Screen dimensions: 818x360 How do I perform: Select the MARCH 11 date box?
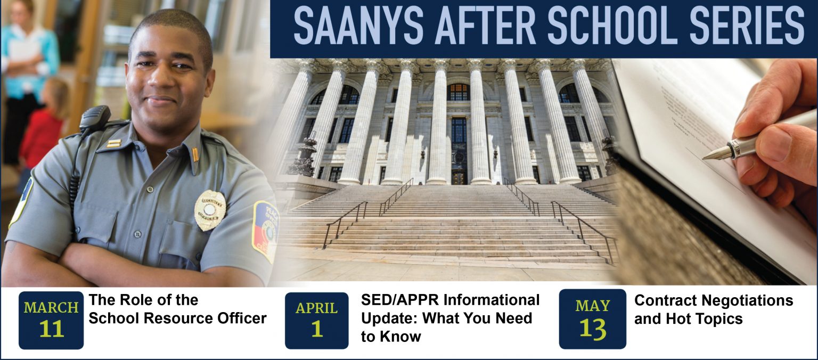51,320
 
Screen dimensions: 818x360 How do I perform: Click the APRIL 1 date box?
317,320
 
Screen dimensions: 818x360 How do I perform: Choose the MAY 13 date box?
592,319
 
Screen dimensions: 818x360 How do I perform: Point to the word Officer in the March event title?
242,318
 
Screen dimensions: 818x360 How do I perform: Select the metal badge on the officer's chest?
210,210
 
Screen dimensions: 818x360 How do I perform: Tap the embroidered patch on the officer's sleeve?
265,231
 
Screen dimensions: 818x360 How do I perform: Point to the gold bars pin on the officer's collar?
113,143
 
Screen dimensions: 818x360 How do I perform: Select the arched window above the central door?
458,92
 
